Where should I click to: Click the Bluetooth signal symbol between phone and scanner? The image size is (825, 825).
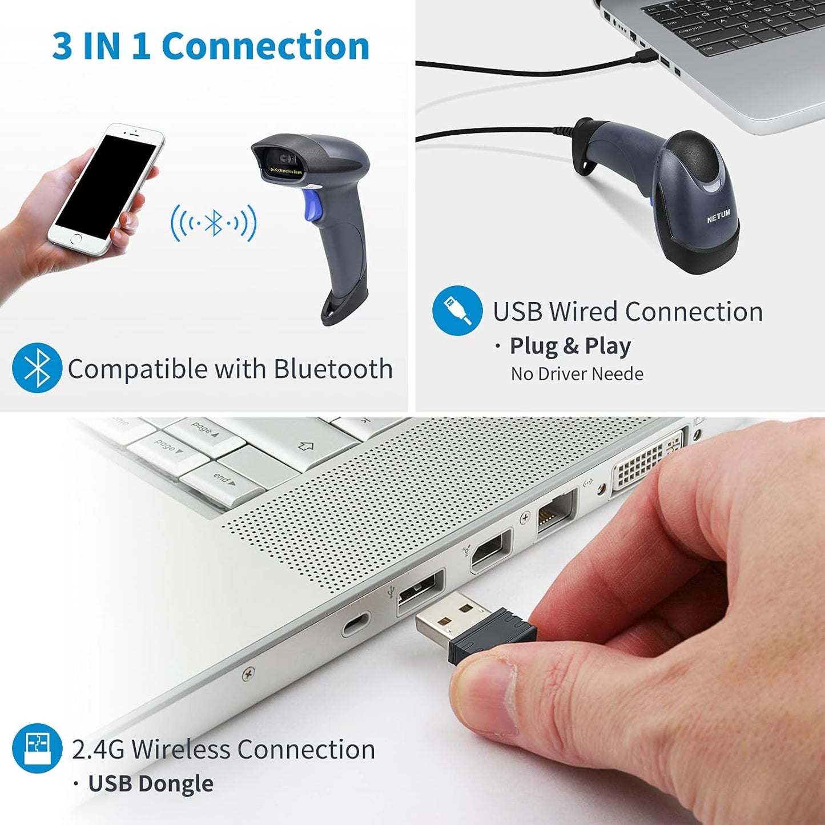(x=214, y=223)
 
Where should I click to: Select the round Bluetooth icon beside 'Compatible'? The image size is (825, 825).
(x=37, y=368)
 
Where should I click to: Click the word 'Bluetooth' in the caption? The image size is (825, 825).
(x=333, y=369)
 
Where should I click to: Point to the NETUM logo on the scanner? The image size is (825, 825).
(x=718, y=216)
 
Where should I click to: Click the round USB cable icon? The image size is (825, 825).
(x=457, y=311)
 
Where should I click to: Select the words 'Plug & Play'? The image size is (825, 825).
(x=570, y=346)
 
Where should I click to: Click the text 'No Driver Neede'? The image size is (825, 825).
(x=577, y=374)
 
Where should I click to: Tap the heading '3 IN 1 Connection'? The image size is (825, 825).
(x=211, y=46)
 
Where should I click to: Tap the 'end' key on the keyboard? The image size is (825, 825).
(x=224, y=480)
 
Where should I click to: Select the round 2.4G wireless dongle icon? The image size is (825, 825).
(x=37, y=748)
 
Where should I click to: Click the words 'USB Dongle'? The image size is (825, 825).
(x=151, y=783)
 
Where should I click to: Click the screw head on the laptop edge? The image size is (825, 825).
(x=248, y=674)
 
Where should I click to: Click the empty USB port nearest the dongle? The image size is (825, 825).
(x=421, y=591)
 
